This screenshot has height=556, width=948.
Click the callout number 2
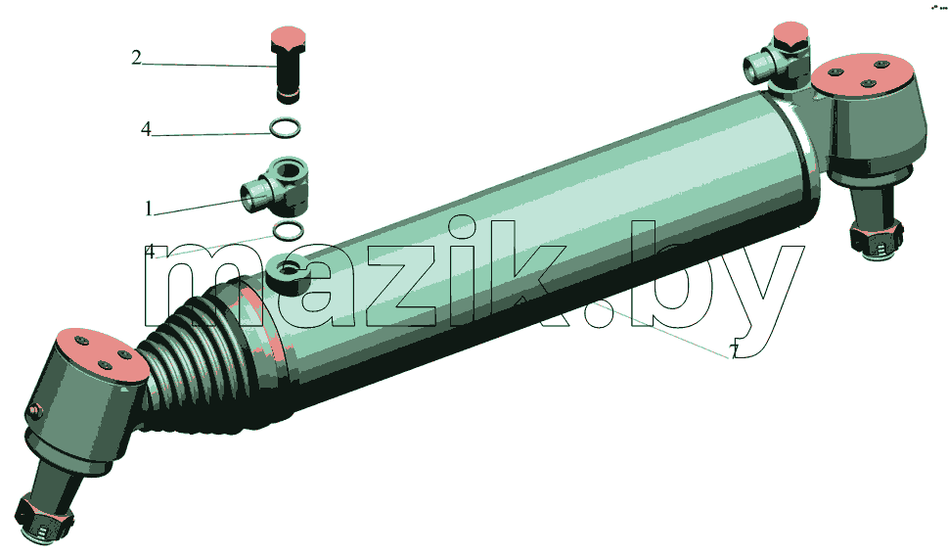pyautogui.click(x=137, y=58)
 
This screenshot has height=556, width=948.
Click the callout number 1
pyautogui.click(x=149, y=208)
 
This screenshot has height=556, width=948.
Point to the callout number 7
pyautogui.click(x=734, y=350)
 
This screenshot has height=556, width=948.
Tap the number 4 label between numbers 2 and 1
pyautogui.click(x=146, y=129)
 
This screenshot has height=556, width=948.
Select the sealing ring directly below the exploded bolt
pyautogui.click(x=285, y=127)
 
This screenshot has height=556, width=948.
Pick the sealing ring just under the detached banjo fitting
pyautogui.click(x=289, y=230)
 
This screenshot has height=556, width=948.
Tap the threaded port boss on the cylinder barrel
pyautogui.click(x=288, y=272)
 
